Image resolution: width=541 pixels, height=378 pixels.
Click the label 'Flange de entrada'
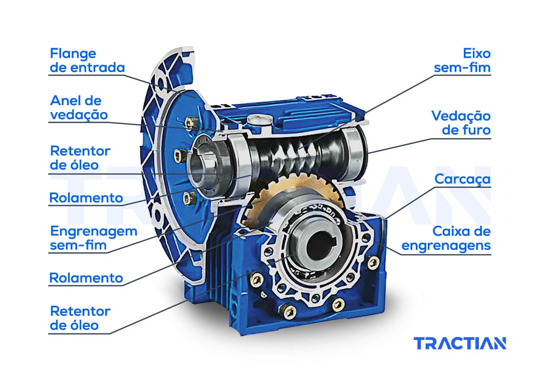tap(87, 61)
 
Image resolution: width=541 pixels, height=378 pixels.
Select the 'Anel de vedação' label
tap(79, 108)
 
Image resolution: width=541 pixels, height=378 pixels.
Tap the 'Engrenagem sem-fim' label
tap(94, 238)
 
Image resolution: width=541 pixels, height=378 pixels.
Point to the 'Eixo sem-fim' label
tap(462, 61)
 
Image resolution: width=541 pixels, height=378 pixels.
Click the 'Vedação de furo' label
tap(461, 123)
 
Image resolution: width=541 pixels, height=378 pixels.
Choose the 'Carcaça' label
tap(462, 179)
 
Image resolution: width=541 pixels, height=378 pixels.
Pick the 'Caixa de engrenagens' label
tap(446, 238)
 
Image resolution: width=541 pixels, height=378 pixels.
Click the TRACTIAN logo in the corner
tap(459, 343)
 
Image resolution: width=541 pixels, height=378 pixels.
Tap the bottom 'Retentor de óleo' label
tap(80, 318)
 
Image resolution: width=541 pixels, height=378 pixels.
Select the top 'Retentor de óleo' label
tap(80, 158)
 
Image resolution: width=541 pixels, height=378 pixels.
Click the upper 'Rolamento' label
tap(86, 198)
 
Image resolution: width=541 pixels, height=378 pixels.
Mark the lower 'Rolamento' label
tap(86, 278)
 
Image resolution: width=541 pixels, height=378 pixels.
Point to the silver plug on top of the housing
tap(260, 120)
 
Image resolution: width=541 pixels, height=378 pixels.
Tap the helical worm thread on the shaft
tap(293, 155)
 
